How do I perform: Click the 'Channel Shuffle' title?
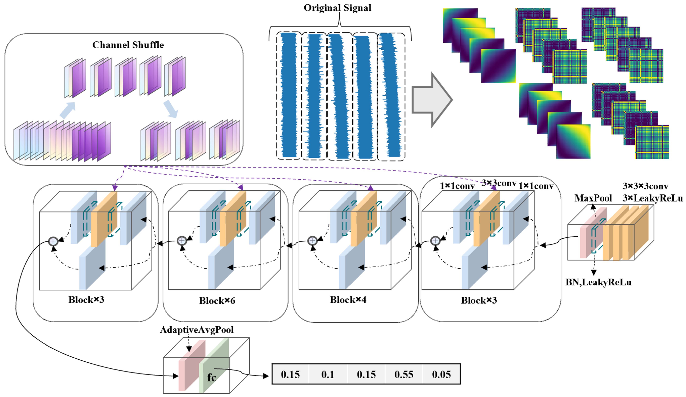pyautogui.click(x=128, y=45)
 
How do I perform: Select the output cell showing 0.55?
pyautogui.click(x=404, y=374)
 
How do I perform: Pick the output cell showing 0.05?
pyautogui.click(x=441, y=374)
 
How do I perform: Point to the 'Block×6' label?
pyautogui.click(x=217, y=301)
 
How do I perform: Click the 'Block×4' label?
pyautogui.click(x=348, y=300)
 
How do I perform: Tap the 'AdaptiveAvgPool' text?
pyautogui.click(x=196, y=330)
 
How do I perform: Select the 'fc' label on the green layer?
pyautogui.click(x=212, y=377)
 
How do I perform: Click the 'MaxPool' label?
pyautogui.click(x=593, y=198)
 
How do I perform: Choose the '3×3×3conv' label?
pyautogui.click(x=645, y=187)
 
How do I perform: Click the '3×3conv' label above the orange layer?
pyautogui.click(x=499, y=183)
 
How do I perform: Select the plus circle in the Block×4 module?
pyautogui.click(x=312, y=241)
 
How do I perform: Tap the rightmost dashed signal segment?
pyautogui.click(x=391, y=96)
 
